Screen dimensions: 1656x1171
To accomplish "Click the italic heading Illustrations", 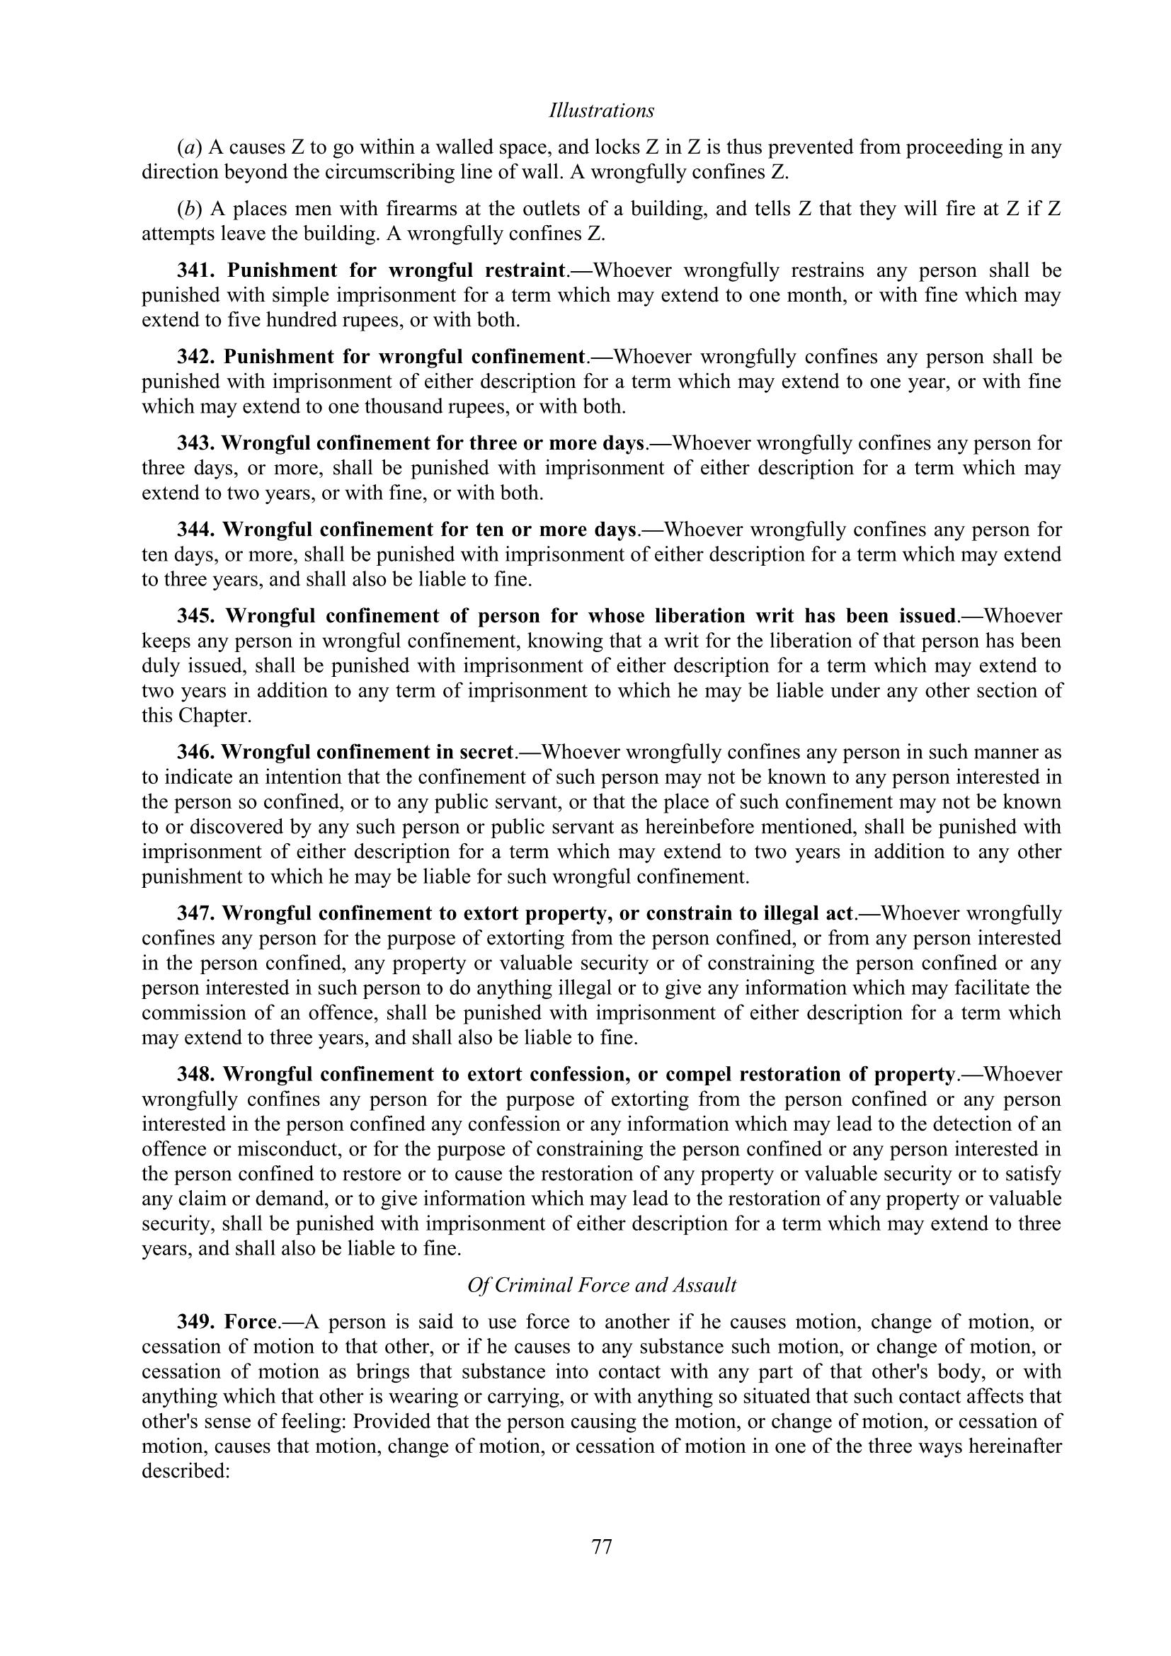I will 601,110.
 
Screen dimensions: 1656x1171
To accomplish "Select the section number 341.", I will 197,270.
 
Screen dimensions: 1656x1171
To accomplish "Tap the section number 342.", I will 197,357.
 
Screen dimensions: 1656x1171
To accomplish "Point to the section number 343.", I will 196,442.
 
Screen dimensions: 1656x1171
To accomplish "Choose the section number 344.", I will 197,530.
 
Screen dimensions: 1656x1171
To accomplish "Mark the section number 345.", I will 197,616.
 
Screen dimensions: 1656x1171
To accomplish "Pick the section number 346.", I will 196,753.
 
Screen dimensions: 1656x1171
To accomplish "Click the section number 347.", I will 196,913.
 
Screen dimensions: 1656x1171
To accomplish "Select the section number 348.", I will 197,1074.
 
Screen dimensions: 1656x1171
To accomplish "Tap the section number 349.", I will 197,1322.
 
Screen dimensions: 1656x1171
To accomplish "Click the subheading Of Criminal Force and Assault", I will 601,1285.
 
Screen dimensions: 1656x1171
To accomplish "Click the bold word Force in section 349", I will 251,1322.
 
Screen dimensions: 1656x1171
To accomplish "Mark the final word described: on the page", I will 185,1471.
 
